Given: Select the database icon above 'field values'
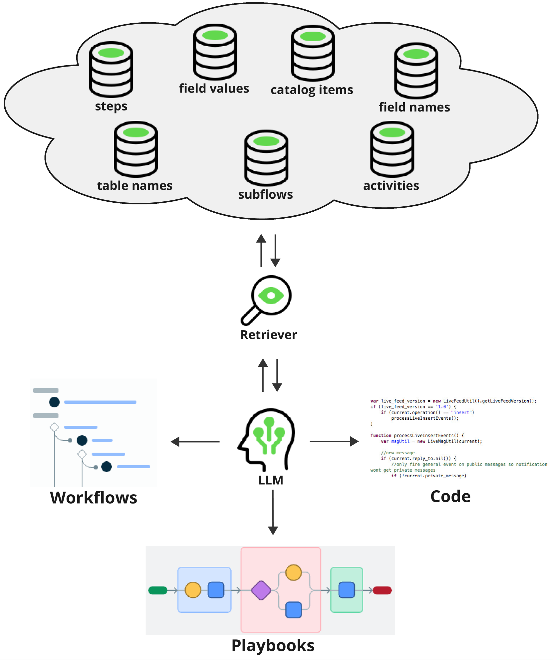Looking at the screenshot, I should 215,52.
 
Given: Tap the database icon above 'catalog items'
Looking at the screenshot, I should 313,53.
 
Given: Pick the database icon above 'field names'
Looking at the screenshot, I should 416,71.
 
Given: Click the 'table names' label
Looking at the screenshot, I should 135,186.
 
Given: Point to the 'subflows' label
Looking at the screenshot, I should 265,194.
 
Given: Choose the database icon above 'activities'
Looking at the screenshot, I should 392,149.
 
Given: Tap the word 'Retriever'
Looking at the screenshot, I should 268,335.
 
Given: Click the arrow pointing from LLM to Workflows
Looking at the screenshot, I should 195,442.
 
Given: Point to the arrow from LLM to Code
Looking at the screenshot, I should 334,441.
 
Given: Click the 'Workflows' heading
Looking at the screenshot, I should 94,498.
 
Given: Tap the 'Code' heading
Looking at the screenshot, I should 450,497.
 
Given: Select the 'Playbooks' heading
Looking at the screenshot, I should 273,646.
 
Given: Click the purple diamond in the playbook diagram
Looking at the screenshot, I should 261,590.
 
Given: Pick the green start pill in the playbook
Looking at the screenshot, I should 158,590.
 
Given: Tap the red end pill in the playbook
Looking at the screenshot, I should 382,590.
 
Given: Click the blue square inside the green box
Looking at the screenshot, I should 347,590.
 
